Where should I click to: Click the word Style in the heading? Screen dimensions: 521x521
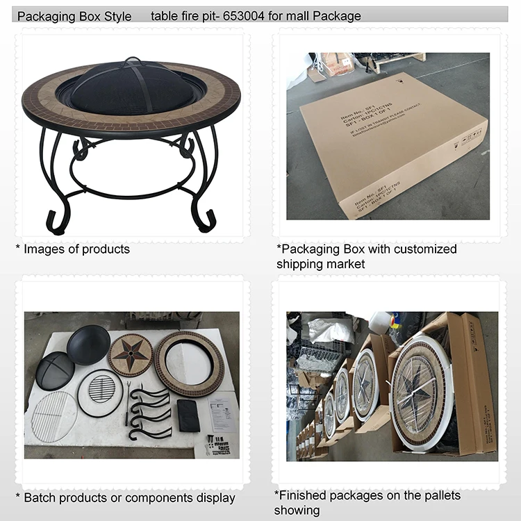[x=115, y=16]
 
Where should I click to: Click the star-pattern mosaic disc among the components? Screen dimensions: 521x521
[x=130, y=355]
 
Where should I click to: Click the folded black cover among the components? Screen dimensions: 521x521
[x=188, y=415]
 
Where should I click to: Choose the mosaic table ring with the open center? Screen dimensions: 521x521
[x=189, y=363]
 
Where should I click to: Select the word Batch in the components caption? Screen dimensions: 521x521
[x=40, y=497]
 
